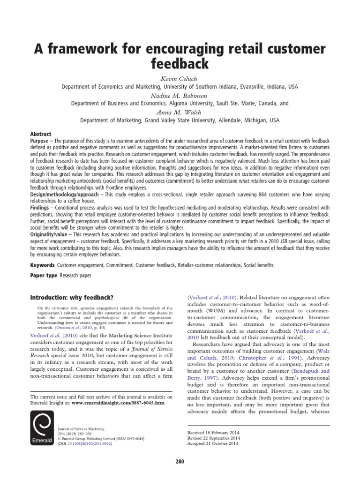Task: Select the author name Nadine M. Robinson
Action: [180, 95]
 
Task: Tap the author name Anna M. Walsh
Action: [180, 112]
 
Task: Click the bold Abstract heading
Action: [41, 134]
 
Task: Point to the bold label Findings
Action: [43, 207]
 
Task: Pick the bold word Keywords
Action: [42, 265]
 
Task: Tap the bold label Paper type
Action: [43, 276]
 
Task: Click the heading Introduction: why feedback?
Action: [72, 297]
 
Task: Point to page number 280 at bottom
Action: [180, 461]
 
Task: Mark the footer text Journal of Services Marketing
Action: [80, 428]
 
